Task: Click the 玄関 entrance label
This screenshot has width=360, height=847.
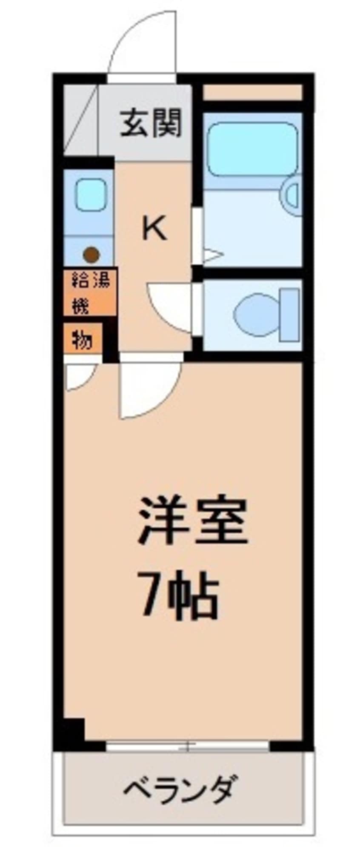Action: tap(151, 123)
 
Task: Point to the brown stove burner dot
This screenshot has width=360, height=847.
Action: tap(91, 255)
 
